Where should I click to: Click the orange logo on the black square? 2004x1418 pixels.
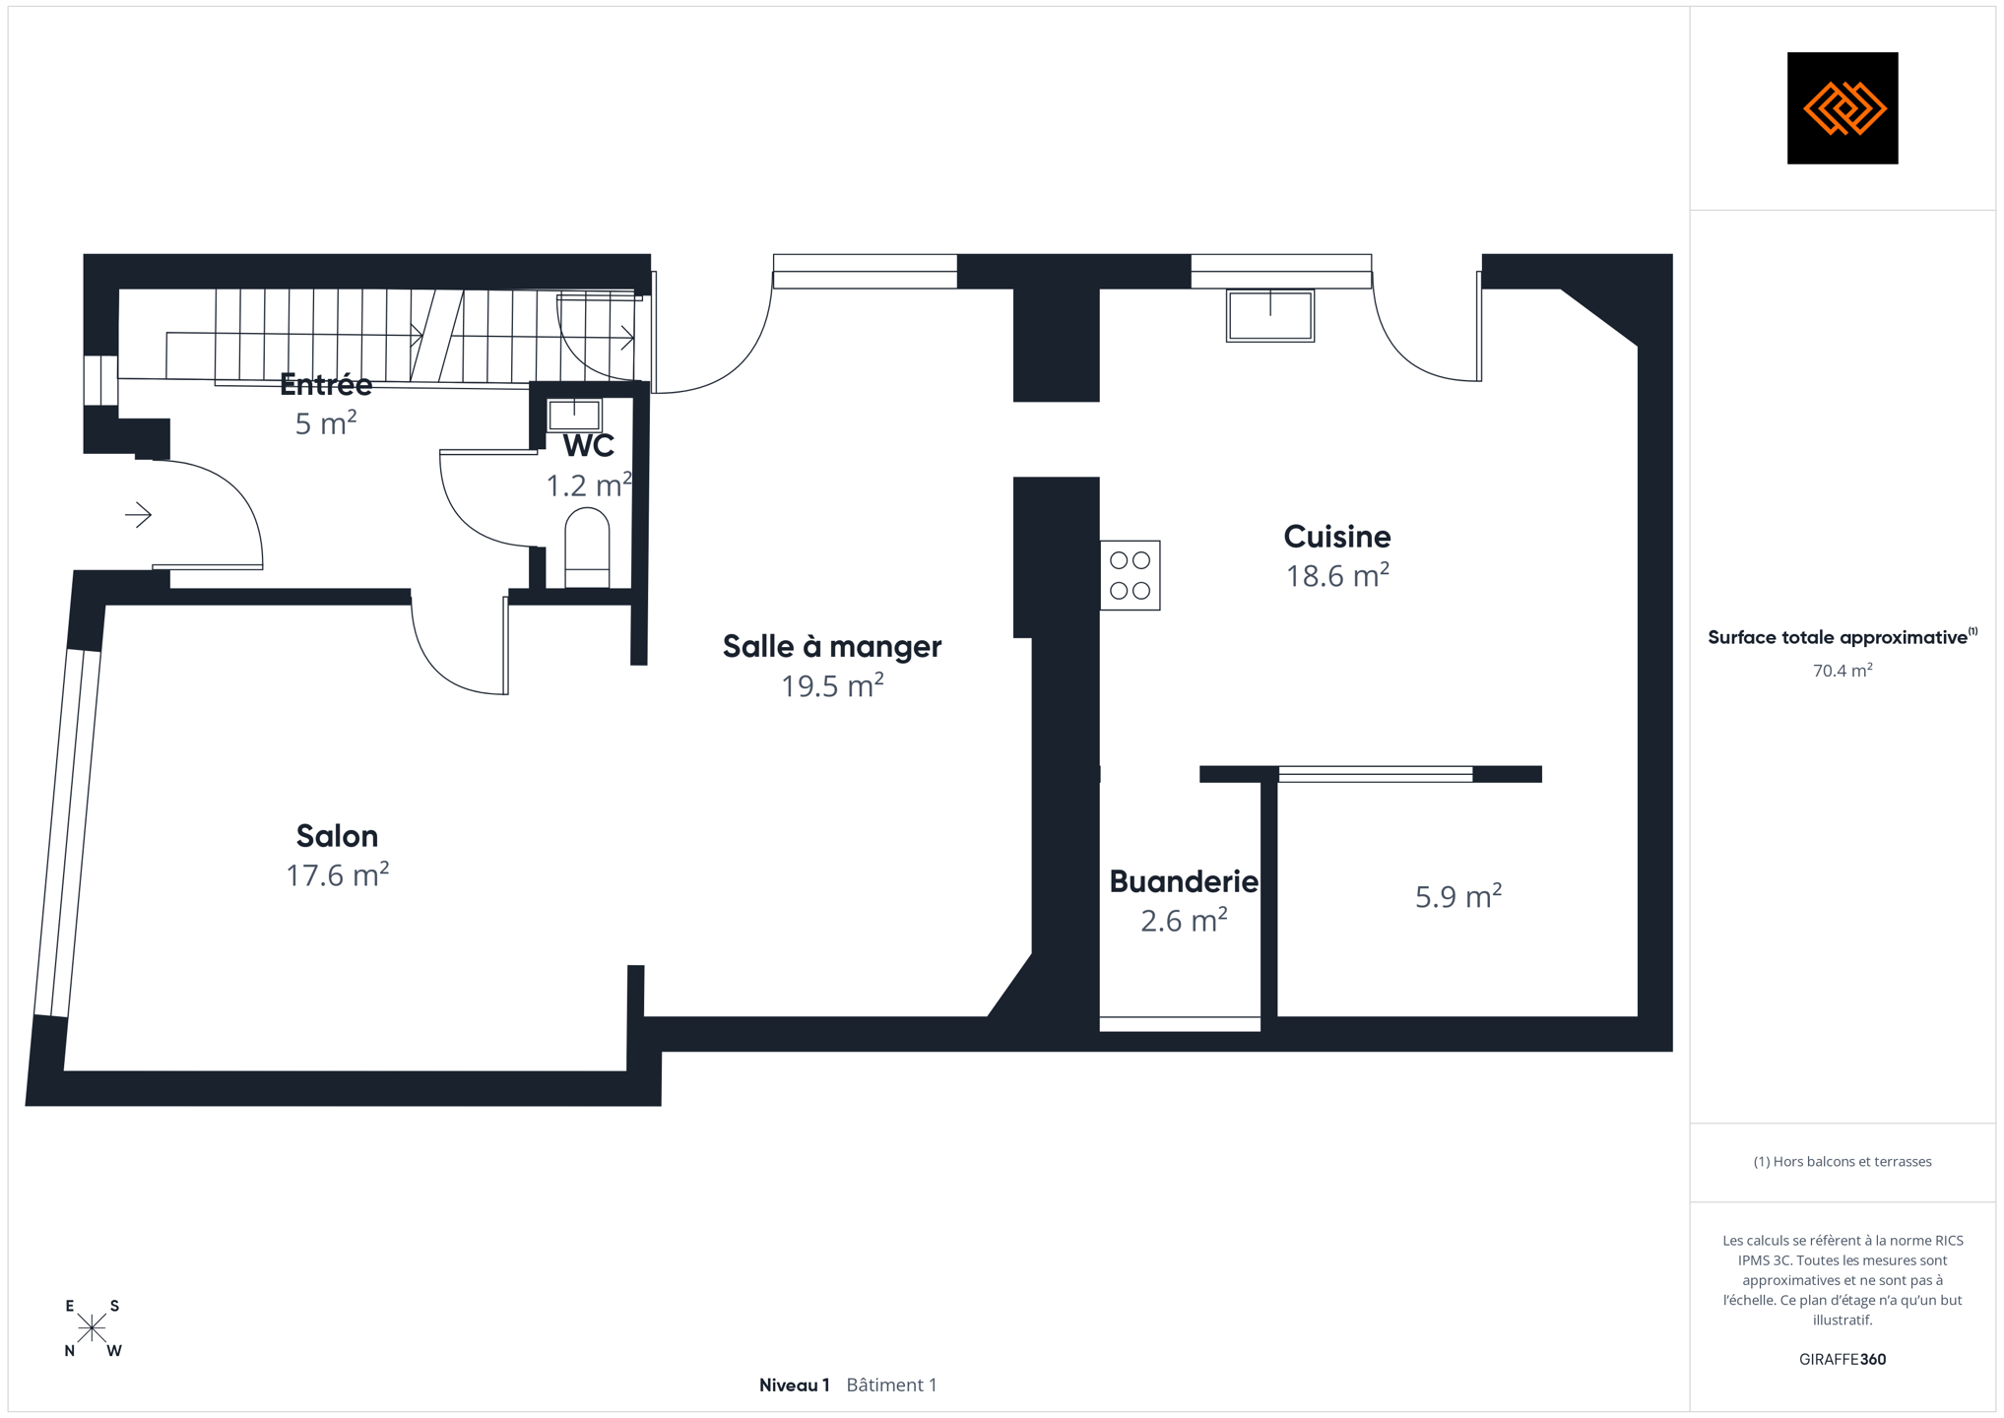1843,108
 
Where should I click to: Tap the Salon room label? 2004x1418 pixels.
337,836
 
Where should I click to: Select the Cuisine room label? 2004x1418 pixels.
1336,537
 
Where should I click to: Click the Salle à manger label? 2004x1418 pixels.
832,647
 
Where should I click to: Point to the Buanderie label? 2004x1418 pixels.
1184,881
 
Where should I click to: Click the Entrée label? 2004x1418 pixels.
326,384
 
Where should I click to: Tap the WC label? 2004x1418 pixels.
589,446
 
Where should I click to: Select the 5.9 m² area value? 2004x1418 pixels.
1458,896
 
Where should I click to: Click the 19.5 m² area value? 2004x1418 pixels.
832,685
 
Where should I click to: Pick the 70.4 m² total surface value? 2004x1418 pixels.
1842,671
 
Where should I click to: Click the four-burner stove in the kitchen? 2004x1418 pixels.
1131,575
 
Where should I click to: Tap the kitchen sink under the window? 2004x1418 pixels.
1270,315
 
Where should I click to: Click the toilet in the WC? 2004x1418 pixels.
587,548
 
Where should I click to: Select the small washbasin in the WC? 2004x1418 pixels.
574,415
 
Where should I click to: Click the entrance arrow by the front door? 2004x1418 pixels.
138,514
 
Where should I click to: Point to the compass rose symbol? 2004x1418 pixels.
92,1328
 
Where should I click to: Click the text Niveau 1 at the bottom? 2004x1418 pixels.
795,1386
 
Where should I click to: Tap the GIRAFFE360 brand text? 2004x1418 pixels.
1842,1359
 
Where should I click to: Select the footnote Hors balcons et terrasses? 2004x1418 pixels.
1842,1162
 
